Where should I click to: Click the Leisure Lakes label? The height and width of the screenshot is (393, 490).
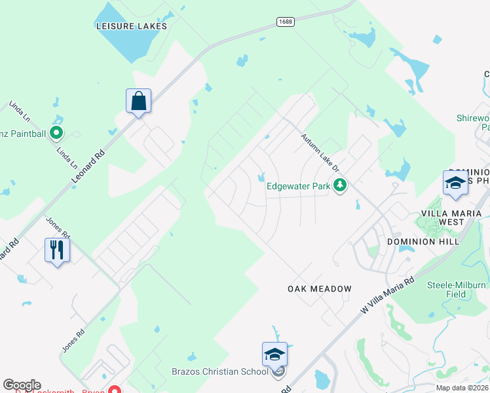pyautogui.click(x=130, y=26)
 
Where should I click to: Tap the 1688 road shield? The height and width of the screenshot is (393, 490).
pyautogui.click(x=285, y=22)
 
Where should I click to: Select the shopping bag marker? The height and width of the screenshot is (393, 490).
pyautogui.click(x=138, y=102)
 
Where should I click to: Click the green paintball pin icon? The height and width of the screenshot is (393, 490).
pyautogui.click(x=56, y=134)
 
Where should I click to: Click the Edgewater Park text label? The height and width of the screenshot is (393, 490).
pyautogui.click(x=298, y=187)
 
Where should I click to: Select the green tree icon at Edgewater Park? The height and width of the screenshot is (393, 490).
pyautogui.click(x=339, y=187)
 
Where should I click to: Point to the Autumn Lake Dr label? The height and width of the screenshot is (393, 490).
pyautogui.click(x=320, y=153)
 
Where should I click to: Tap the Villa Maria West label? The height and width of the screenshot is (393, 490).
pyautogui.click(x=453, y=218)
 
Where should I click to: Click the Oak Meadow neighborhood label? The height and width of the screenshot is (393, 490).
pyautogui.click(x=320, y=289)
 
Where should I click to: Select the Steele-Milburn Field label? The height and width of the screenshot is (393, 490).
pyautogui.click(x=457, y=290)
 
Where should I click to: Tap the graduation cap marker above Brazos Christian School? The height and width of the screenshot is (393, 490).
pyautogui.click(x=274, y=354)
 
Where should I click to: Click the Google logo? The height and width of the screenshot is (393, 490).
pyautogui.click(x=22, y=385)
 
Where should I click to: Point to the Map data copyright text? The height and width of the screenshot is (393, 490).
pyautogui.click(x=461, y=388)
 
